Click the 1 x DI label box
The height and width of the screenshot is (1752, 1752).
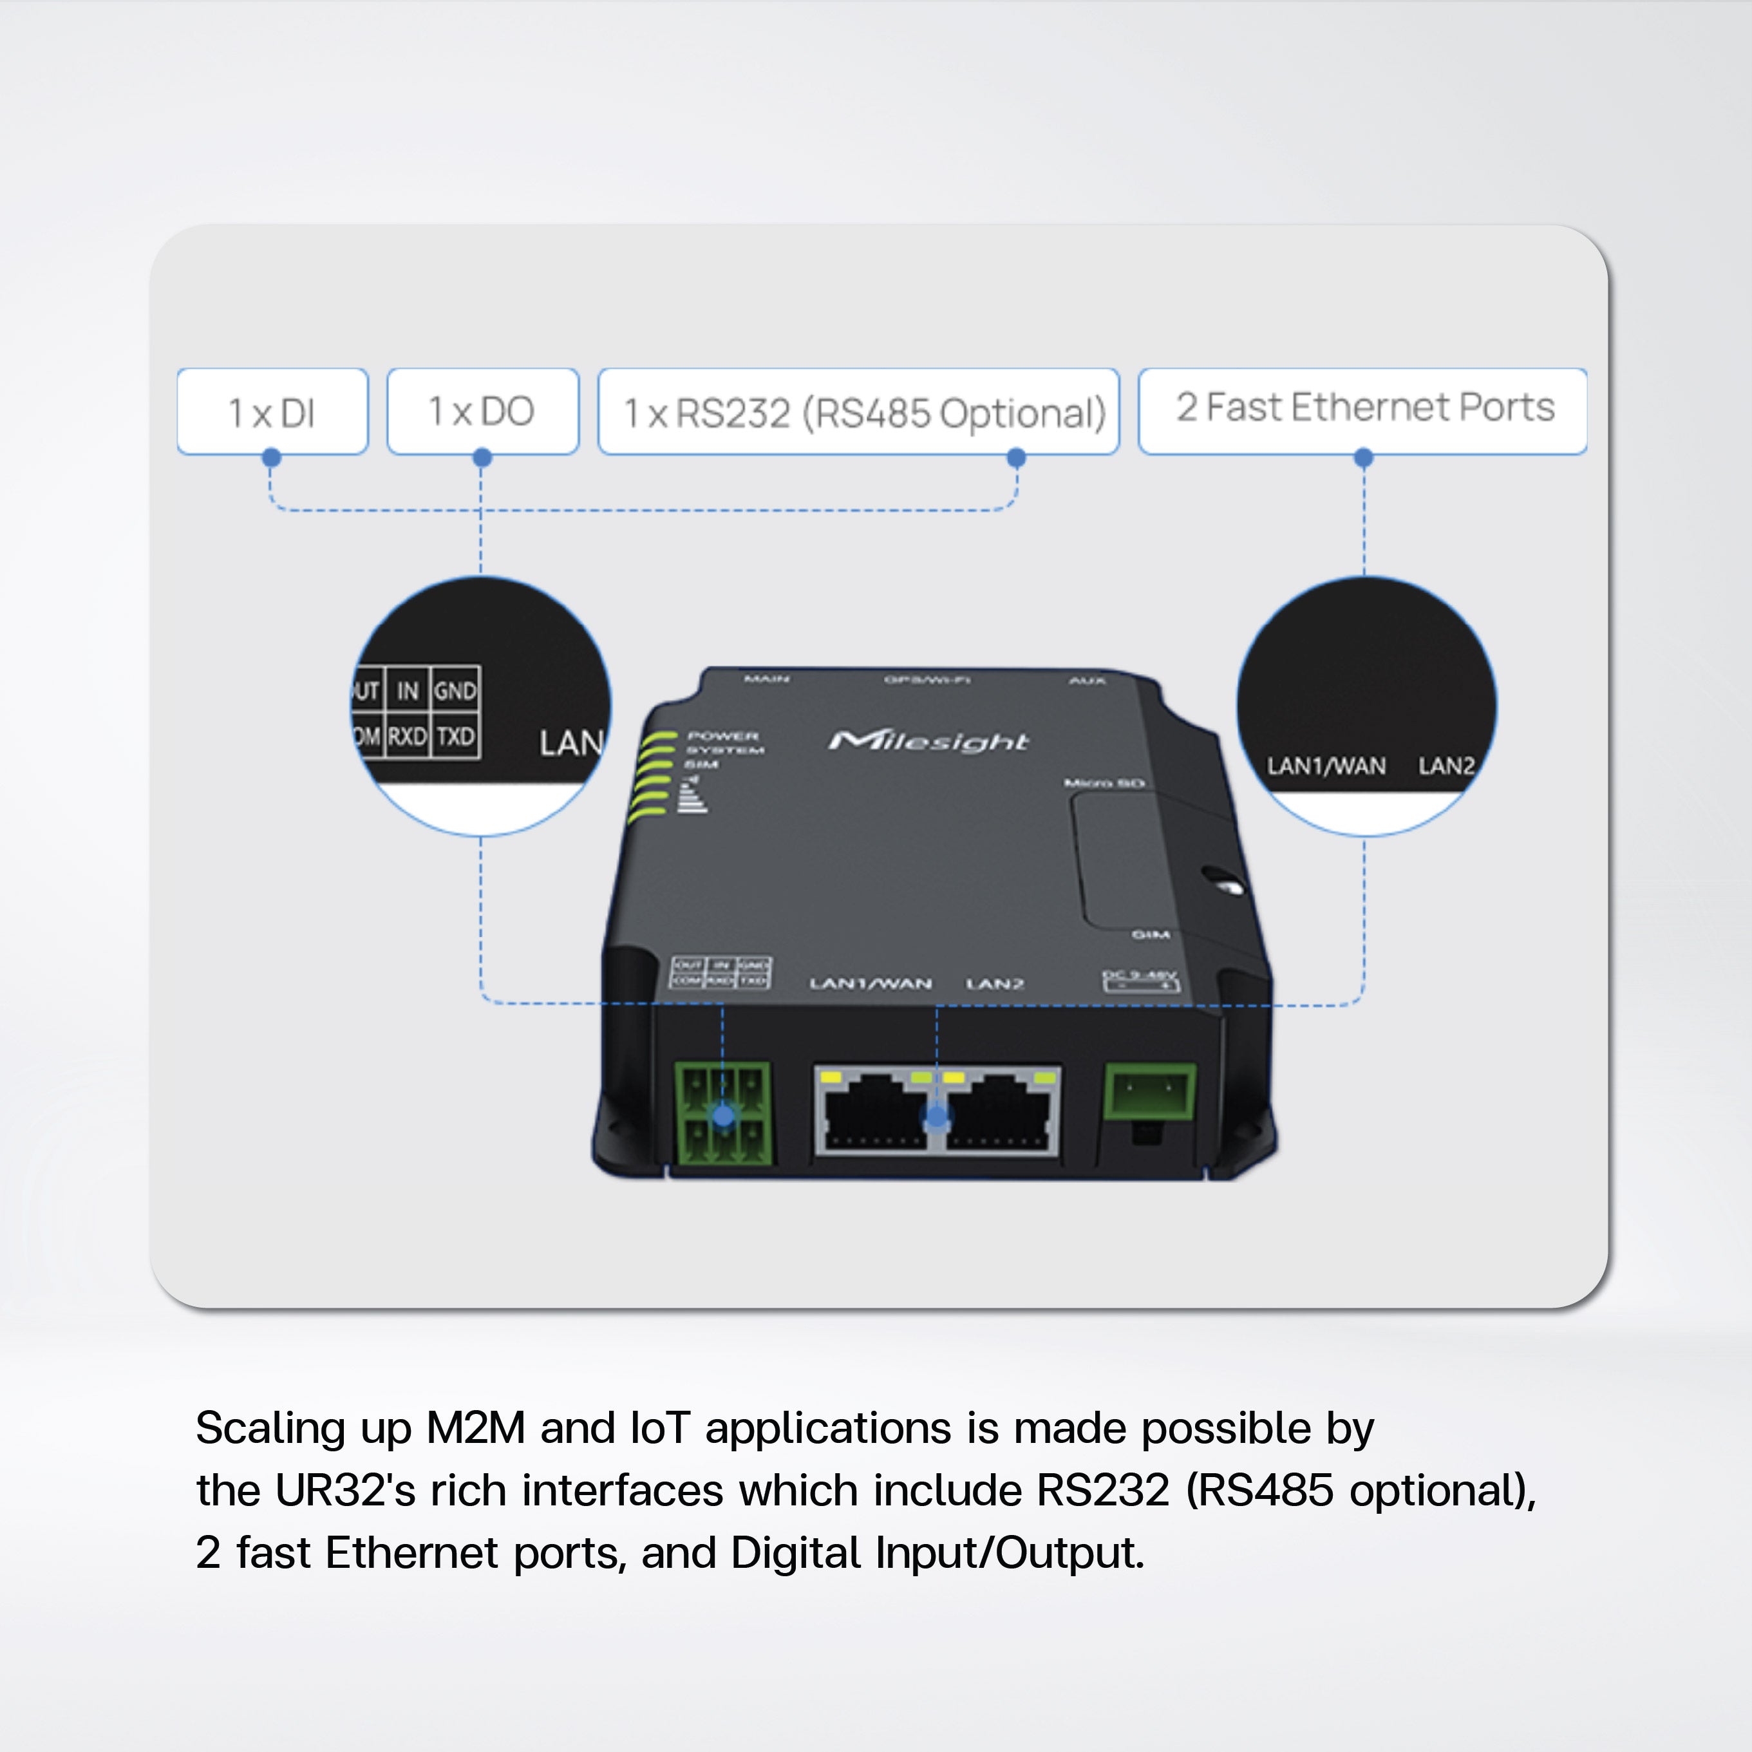pos(272,411)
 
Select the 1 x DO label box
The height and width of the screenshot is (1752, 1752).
pos(482,411)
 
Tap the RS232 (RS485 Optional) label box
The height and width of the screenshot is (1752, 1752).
pos(858,411)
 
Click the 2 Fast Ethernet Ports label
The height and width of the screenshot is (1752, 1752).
pos(1362,409)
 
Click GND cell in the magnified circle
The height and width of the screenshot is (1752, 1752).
pos(455,691)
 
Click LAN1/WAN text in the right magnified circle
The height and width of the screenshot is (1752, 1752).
pos(1326,766)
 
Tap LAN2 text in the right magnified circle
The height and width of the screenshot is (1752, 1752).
pos(1446,766)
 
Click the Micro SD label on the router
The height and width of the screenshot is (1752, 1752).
pos(1104,782)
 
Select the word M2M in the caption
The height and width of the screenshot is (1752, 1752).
pos(475,1428)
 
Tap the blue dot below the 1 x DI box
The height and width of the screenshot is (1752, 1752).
pos(271,458)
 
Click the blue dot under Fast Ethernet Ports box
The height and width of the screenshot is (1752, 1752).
pos(1363,458)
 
